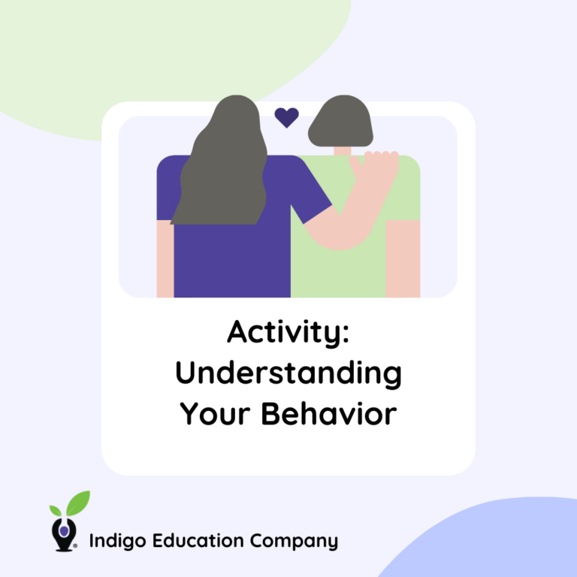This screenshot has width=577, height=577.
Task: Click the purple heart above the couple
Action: tap(286, 117)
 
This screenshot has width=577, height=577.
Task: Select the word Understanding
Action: tap(288, 373)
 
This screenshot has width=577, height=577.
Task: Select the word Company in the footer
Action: tap(295, 540)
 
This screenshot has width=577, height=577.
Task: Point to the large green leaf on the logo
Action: tap(77, 502)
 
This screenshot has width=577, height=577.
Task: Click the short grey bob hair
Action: tap(340, 122)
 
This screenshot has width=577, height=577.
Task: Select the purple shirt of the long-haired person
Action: tap(233, 255)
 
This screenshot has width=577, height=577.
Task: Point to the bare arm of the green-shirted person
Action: tap(403, 258)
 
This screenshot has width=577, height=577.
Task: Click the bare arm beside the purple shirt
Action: tap(165, 258)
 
